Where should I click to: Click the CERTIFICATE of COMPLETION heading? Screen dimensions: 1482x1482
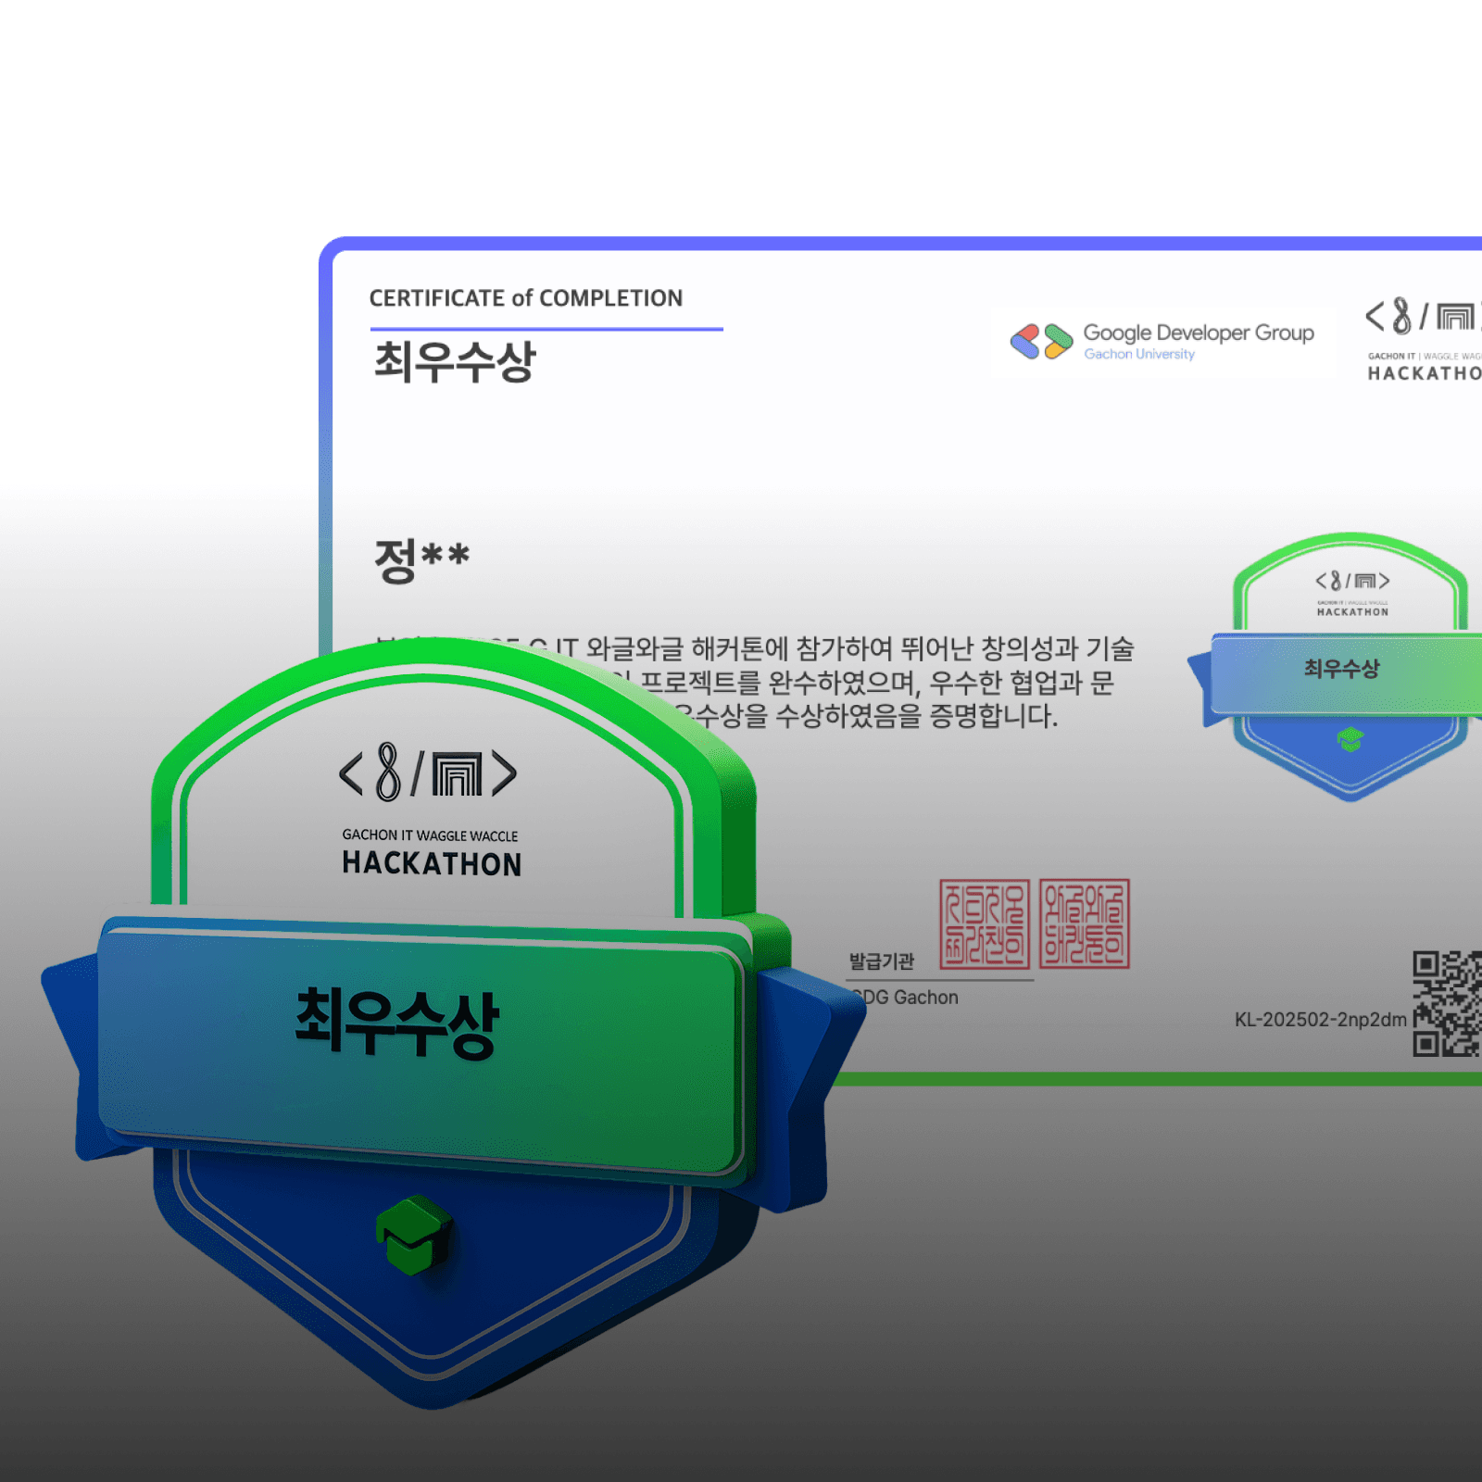[525, 298]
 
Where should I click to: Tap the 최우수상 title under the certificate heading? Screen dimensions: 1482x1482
[455, 361]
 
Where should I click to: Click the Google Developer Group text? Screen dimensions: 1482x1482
[1198, 333]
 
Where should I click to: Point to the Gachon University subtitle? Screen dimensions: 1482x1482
[1138, 354]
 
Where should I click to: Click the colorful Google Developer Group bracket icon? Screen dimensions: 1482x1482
[1040, 341]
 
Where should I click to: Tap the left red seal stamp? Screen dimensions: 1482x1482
[984, 923]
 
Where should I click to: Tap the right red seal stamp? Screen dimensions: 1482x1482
[1084, 923]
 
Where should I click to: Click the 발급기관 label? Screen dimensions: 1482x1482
[881, 961]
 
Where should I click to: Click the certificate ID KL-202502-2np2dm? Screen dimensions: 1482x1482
[1320, 1020]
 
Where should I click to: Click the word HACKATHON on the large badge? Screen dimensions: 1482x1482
[432, 864]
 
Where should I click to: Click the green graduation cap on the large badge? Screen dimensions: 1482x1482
[413, 1234]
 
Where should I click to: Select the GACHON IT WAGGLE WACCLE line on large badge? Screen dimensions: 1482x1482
[430, 835]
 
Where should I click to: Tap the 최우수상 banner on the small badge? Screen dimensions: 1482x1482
[1341, 669]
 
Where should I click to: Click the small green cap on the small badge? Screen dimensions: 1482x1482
[1350, 739]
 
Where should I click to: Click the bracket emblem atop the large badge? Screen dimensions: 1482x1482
[428, 773]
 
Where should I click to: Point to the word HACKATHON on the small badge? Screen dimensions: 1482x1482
[1352, 612]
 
